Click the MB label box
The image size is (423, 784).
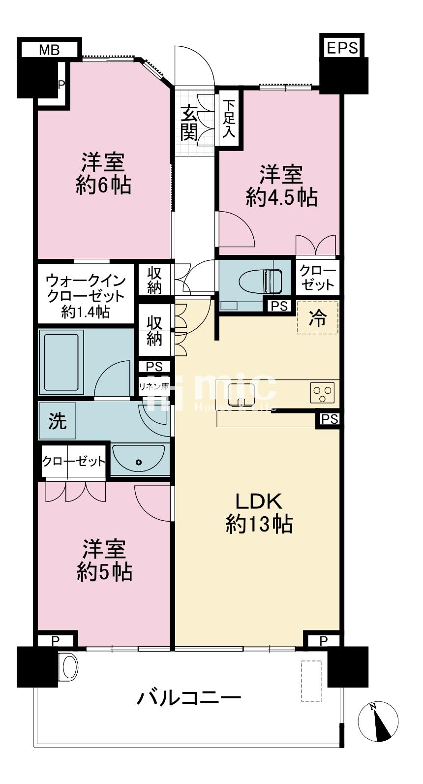coord(49,50)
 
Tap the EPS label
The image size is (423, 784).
coord(342,48)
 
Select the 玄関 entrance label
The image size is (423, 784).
coord(189,123)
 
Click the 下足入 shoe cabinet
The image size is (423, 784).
coord(229,118)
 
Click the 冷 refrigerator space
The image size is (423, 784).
coord(318,317)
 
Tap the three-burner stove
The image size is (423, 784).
coord(322,393)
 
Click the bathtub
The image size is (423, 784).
coord(61,362)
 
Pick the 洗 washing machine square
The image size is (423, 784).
coord(58,420)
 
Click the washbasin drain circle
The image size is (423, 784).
coord(139,462)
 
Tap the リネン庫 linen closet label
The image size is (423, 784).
coord(154,387)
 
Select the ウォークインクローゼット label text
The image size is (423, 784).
coord(86,288)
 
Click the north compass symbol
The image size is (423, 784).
coord(378,721)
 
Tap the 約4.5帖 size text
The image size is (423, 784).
coord(282,197)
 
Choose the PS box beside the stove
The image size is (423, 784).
coord(329,419)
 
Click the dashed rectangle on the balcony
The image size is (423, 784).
coord(311,681)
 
